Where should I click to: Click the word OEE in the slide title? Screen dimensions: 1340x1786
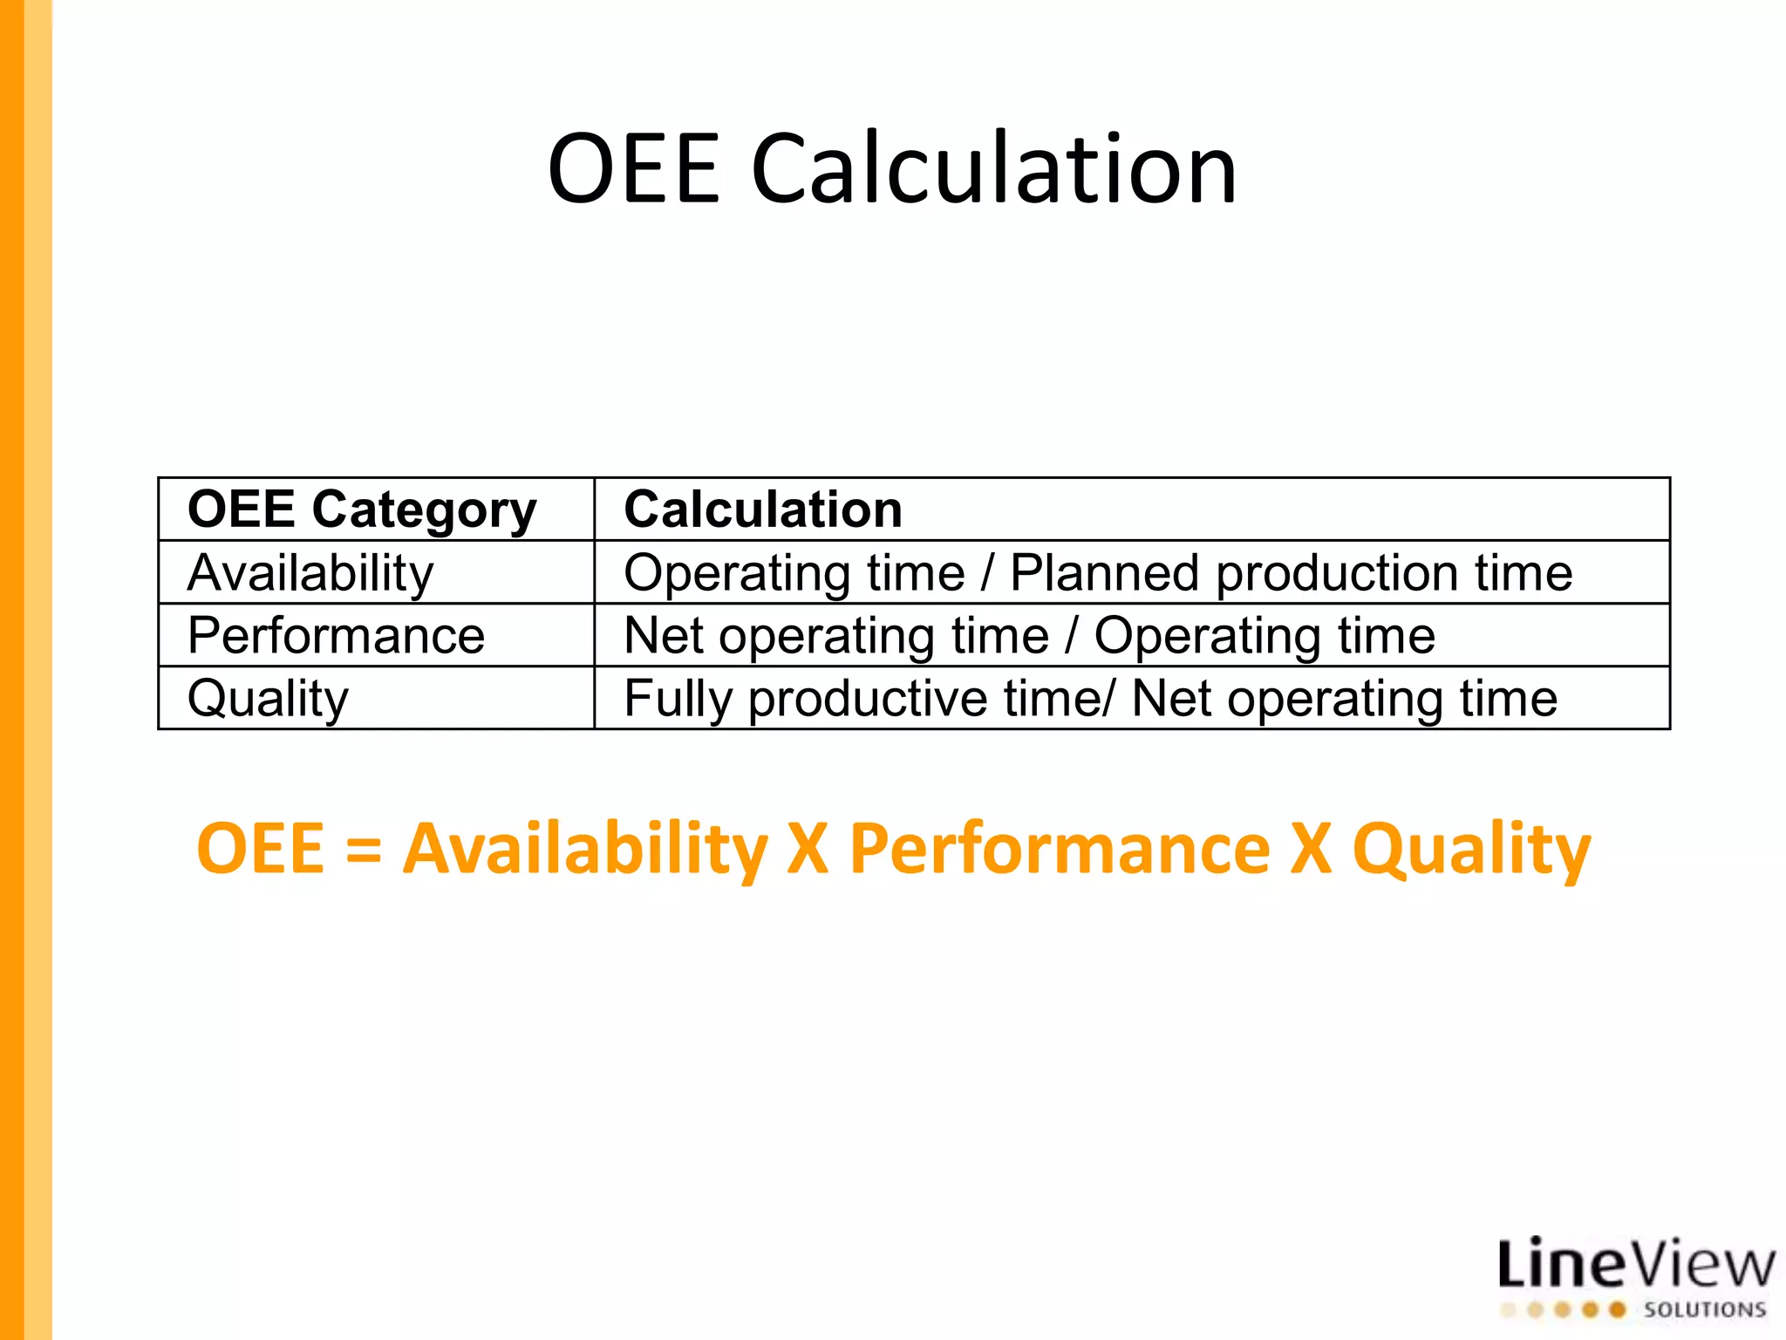click(634, 168)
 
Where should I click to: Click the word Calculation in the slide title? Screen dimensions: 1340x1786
click(993, 168)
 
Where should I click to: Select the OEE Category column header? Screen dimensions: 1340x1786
click(362, 509)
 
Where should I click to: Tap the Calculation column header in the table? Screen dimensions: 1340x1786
click(763, 509)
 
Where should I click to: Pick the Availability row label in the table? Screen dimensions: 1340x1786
click(310, 573)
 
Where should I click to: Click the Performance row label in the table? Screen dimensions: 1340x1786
click(336, 636)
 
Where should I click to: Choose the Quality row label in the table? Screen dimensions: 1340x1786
click(268, 699)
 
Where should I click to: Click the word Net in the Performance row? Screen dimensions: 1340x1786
click(664, 636)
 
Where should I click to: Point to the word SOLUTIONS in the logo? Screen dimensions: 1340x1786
click(1704, 1309)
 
